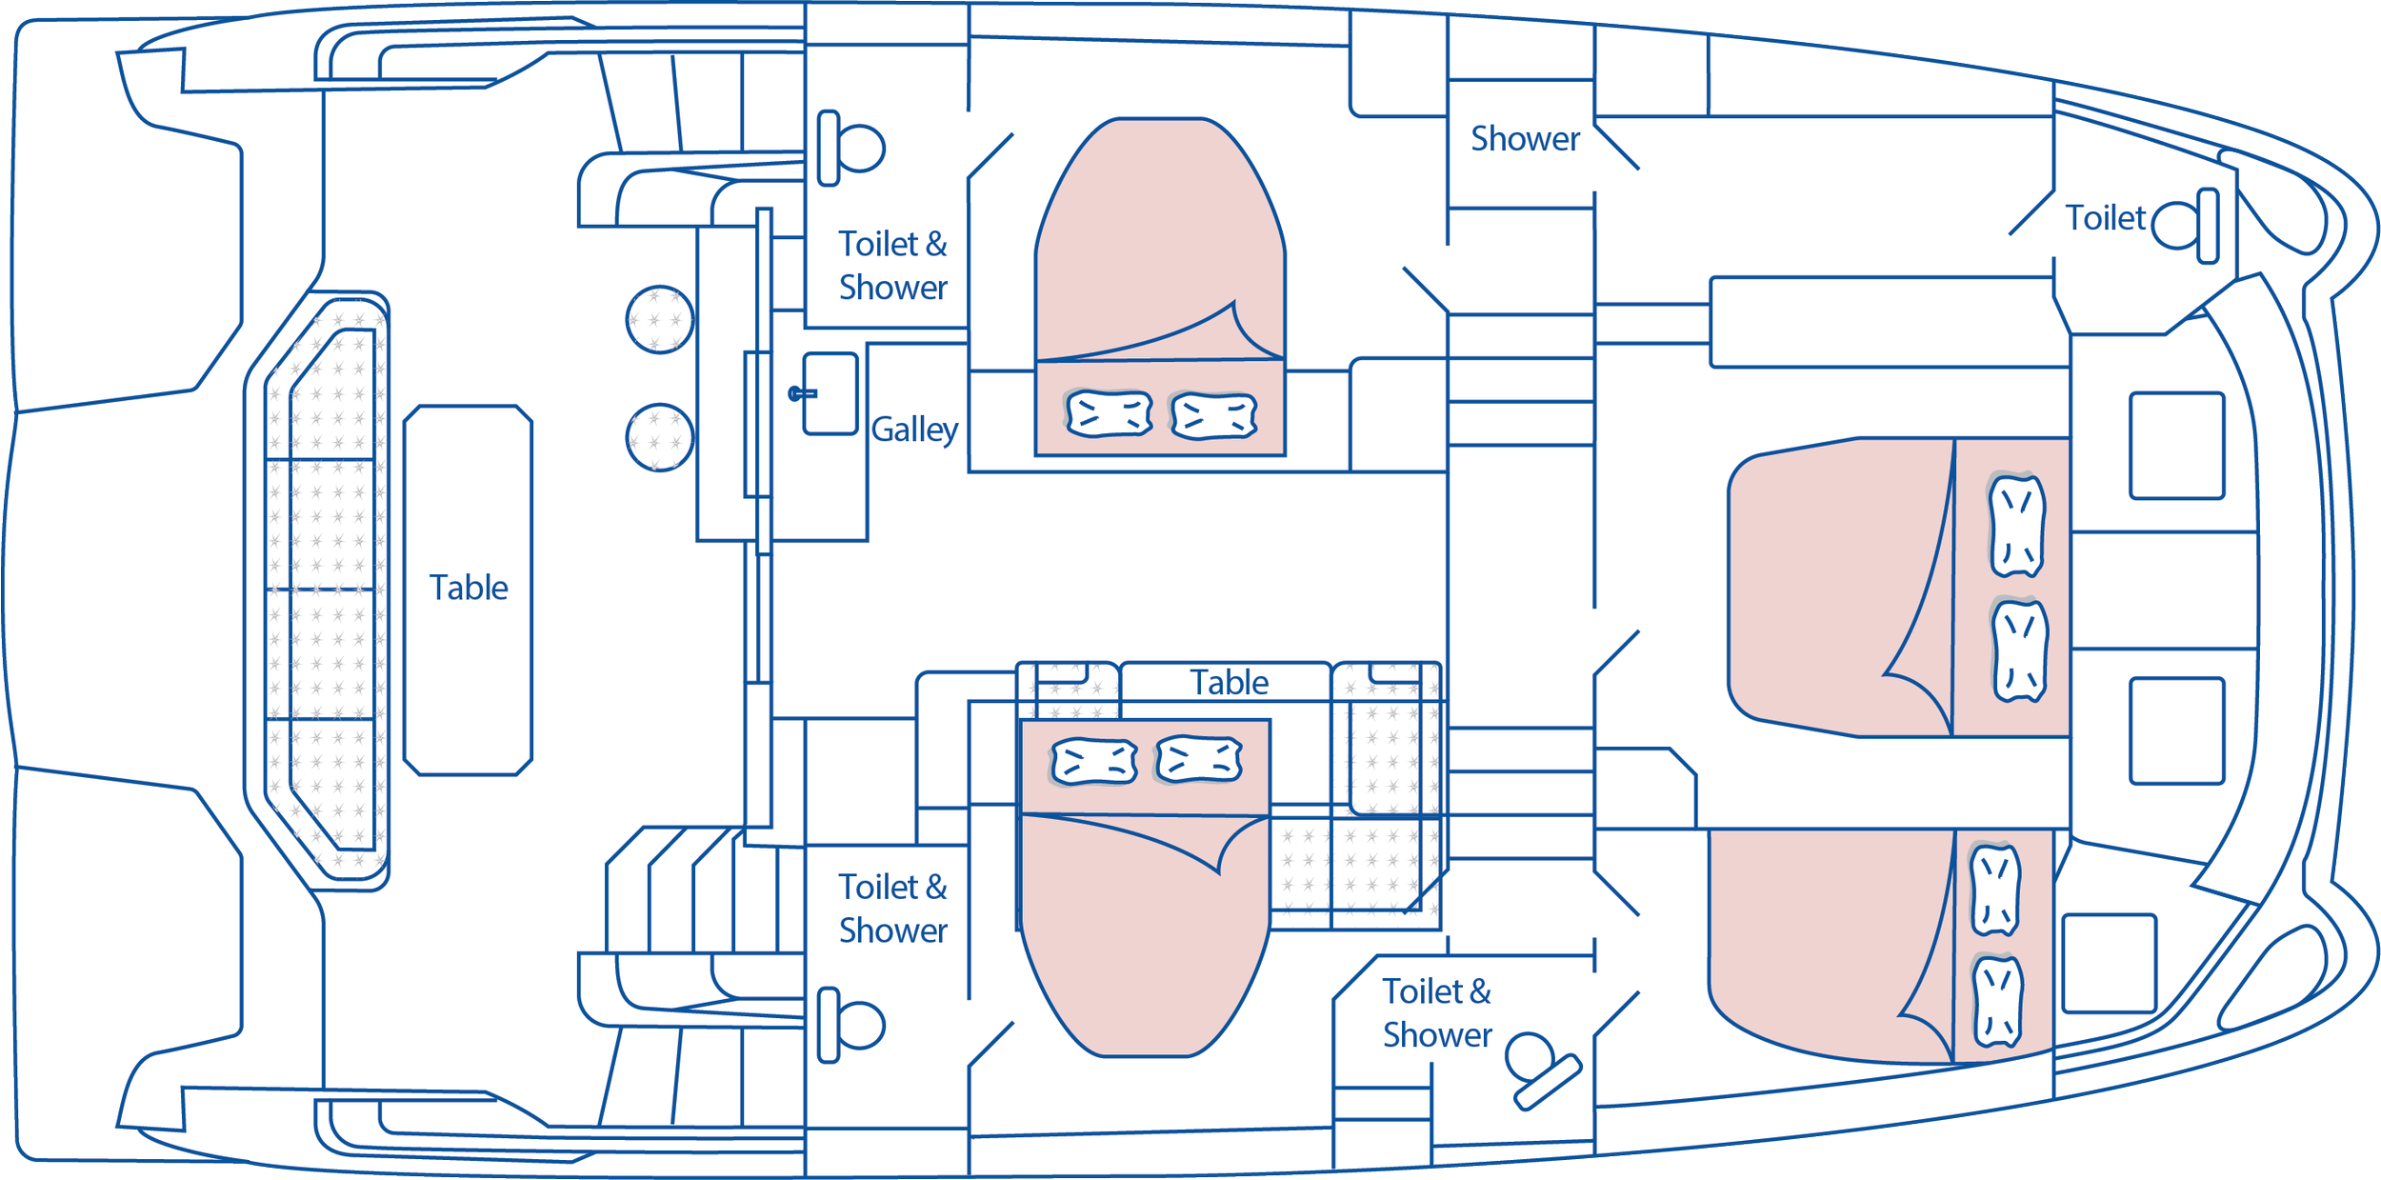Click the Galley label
pos(914,430)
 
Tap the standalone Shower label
pos(1525,139)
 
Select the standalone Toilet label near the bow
pos(2105,218)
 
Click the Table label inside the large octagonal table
pos(469,588)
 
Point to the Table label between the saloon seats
pos(1229,683)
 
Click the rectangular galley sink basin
pos(830,394)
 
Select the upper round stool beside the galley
pos(659,319)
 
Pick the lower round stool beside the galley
pos(659,438)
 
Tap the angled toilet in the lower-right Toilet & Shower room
pos(1542,1070)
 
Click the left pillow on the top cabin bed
pos(1109,414)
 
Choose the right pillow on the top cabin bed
pos(1213,416)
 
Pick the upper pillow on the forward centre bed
pos(2016,526)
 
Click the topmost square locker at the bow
pos(2177,446)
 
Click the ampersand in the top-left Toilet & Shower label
pos(936,245)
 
